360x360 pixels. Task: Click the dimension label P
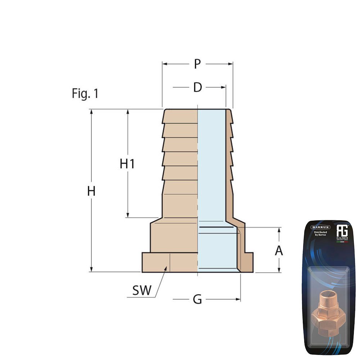click(197, 64)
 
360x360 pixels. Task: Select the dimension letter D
click(197, 87)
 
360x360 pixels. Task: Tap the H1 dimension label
click(127, 164)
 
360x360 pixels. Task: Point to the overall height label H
click(91, 191)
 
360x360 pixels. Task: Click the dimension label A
click(279, 251)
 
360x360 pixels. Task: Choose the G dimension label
click(197, 299)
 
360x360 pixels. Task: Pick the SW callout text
click(142, 290)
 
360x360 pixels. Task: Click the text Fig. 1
click(85, 94)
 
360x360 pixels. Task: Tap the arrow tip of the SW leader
click(166, 267)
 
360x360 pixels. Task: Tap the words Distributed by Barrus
click(320, 234)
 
